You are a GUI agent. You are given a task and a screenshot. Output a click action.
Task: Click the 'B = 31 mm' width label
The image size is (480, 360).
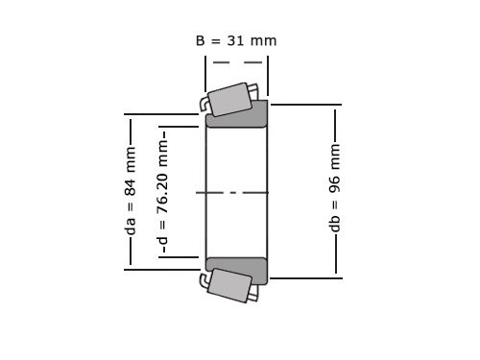click(235, 41)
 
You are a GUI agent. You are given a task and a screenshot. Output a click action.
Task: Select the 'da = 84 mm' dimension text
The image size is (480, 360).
click(131, 191)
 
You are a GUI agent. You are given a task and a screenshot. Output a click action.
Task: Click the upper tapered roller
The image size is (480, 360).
click(230, 99)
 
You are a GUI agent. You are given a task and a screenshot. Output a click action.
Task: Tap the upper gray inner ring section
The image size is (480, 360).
click(237, 114)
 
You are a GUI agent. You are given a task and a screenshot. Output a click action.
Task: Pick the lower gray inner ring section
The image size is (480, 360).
click(237, 270)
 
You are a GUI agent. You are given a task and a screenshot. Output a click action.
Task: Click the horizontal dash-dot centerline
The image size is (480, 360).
click(236, 193)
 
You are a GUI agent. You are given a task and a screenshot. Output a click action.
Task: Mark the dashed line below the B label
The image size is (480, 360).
click(236, 63)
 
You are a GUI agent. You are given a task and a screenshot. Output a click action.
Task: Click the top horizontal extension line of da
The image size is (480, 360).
click(163, 115)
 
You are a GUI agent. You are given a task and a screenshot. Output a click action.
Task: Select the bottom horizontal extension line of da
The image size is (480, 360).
click(163, 270)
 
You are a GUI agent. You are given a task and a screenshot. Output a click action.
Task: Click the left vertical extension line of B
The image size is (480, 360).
click(205, 72)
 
